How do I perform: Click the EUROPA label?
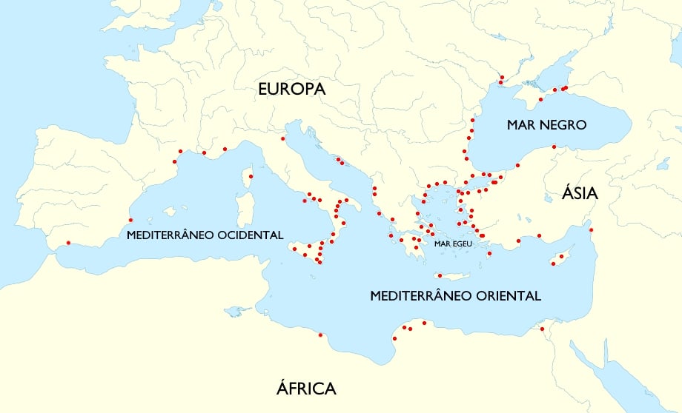292,89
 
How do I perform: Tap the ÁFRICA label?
306,388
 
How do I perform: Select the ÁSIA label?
580,194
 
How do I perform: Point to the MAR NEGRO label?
546,125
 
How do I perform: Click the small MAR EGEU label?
454,244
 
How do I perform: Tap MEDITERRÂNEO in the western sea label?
171,235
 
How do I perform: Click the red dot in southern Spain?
68,243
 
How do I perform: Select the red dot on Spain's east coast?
130,220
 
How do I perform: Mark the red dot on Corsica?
251,176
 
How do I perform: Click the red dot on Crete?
440,275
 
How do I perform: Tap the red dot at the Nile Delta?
542,329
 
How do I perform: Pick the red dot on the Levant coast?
591,230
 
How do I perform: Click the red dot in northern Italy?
282,138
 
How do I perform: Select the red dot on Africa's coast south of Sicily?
320,335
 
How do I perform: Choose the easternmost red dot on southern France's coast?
225,149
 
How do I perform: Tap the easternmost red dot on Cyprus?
561,257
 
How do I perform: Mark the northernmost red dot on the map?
501,77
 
